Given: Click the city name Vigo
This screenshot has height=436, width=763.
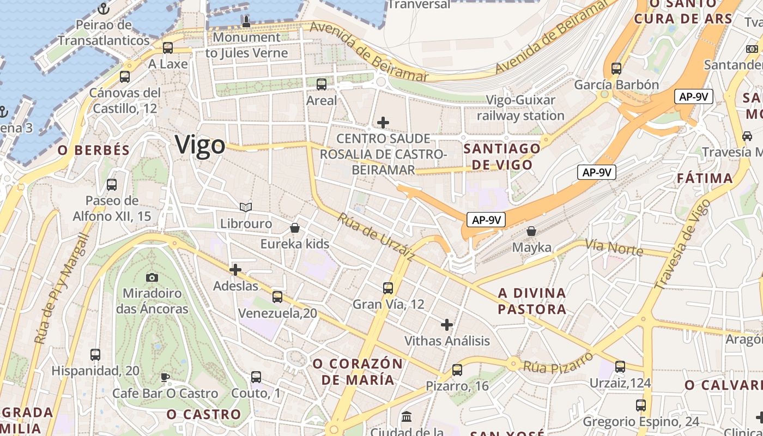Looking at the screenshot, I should click(x=200, y=146).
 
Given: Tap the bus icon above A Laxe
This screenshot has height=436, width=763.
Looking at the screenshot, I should click(x=168, y=47).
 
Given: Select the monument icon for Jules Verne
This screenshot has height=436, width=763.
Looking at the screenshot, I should click(x=246, y=21).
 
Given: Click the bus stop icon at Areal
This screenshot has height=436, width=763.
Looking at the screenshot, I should click(x=322, y=84).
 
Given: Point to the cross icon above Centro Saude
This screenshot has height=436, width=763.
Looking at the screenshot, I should click(x=383, y=123).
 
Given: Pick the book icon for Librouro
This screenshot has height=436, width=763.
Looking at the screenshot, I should click(x=246, y=207).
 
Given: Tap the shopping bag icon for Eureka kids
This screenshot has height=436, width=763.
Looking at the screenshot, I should click(x=295, y=227).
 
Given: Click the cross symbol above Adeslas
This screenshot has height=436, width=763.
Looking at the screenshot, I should click(x=235, y=270).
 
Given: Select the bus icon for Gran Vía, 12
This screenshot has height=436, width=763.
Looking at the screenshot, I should click(x=388, y=288).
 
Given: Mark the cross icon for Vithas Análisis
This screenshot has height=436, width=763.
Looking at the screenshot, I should click(x=447, y=325).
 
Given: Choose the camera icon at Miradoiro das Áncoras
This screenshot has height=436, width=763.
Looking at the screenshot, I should click(x=152, y=277).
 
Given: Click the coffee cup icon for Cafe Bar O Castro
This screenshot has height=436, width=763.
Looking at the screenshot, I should click(x=165, y=377).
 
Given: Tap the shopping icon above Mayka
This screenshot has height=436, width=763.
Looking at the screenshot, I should click(x=531, y=231).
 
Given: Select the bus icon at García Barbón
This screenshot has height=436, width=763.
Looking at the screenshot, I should click(x=616, y=69).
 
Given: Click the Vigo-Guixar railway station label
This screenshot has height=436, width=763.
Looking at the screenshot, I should click(x=520, y=108).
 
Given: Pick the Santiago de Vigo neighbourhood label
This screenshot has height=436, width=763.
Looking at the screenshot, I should click(x=502, y=156).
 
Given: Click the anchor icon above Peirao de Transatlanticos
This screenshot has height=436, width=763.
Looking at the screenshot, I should click(x=104, y=8).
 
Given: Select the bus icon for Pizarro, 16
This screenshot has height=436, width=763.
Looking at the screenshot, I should click(x=457, y=370).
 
